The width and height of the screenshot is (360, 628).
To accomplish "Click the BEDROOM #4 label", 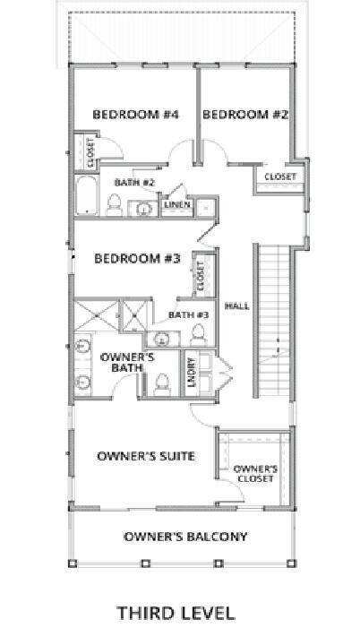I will point(136,115).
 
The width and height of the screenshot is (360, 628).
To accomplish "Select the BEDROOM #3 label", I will point(138,259).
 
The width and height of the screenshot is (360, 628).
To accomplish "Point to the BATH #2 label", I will point(134,183).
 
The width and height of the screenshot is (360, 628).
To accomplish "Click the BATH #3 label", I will point(190,314).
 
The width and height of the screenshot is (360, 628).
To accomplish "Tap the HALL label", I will point(236,305).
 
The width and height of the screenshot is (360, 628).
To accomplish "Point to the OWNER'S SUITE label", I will point(145,457).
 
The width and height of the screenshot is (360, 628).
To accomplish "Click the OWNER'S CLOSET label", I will point(255,474).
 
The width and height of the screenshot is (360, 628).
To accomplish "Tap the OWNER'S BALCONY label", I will point(185,538).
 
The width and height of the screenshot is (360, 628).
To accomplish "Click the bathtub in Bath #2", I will point(87,197).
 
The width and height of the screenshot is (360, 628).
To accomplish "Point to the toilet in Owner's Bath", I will point(162,383).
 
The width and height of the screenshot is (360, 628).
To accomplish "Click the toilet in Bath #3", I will point(198,334).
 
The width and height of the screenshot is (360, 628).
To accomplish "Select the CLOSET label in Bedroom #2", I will point(280,177).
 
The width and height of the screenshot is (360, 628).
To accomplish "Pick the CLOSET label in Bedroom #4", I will point(90,152).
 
